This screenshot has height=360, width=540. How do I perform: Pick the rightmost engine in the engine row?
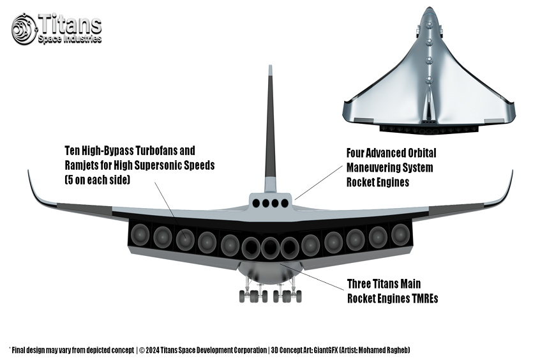400,235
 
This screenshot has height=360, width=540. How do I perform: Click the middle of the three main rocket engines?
270,248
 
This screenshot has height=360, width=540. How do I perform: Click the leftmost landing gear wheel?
243,297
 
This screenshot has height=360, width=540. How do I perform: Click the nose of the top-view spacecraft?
428,9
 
